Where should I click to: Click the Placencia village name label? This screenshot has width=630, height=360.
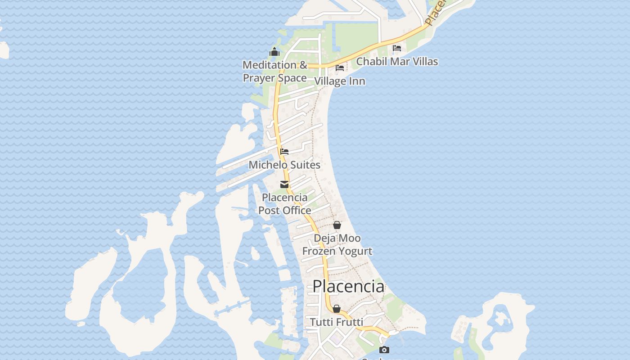(x=348, y=287)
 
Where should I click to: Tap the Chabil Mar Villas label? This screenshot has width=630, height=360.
(x=397, y=61)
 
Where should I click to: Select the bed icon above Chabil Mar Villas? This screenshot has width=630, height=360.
(x=397, y=48)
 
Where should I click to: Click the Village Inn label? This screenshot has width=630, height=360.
(x=340, y=81)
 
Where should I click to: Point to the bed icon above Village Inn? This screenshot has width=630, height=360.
(x=340, y=68)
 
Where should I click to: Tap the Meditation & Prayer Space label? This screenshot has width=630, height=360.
(x=275, y=71)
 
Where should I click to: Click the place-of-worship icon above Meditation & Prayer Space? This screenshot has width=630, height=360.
(x=274, y=52)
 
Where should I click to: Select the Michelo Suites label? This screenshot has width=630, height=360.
(x=284, y=165)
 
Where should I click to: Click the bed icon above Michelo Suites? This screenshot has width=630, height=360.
(x=284, y=152)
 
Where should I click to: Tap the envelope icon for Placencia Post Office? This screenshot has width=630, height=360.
(x=284, y=184)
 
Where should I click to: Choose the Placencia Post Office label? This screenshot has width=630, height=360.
(x=284, y=204)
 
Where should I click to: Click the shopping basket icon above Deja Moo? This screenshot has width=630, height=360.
(x=337, y=225)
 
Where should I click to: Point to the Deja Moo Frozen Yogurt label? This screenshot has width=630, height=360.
(x=337, y=244)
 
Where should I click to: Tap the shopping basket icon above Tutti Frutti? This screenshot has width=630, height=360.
(x=337, y=309)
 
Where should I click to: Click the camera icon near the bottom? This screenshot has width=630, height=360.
(x=384, y=350)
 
